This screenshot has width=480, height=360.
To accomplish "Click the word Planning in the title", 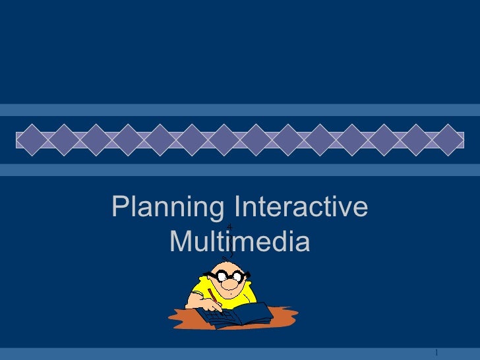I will tap(167, 209).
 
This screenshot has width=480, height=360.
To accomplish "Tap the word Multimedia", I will tap(239, 243).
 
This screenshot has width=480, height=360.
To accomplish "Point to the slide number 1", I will tap(437, 350).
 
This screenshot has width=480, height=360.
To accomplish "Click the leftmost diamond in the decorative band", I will tap(32, 139).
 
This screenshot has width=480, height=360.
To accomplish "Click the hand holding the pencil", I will tap(213, 305).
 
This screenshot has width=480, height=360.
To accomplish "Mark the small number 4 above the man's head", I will tap(229, 227).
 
